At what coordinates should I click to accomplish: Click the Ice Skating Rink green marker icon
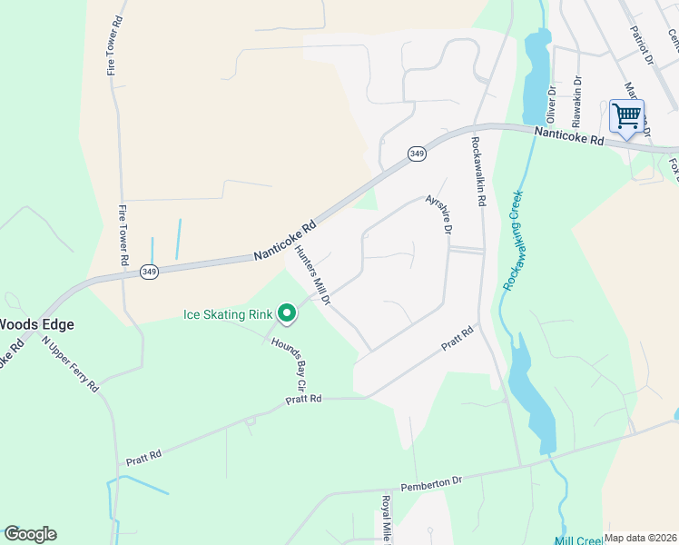[287, 314]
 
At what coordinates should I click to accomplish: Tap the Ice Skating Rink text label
[228, 315]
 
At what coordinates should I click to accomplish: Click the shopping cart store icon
[626, 116]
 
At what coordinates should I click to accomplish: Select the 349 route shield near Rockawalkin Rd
[417, 154]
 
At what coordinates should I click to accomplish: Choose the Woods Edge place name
[36, 324]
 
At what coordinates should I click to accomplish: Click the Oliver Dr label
[550, 106]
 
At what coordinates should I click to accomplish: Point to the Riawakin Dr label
[576, 102]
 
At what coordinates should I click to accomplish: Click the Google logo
[30, 534]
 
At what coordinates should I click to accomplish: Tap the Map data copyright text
[641, 538]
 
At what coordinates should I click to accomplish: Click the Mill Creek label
[578, 540]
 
